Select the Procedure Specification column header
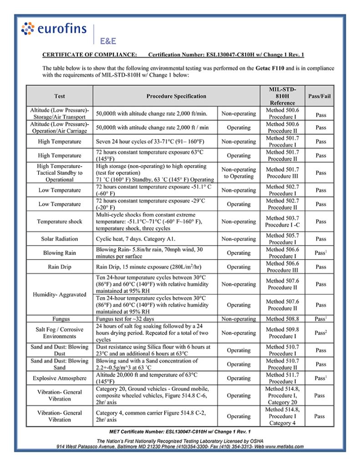pyautogui.click(x=176, y=96)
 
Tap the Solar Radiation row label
pyautogui.click(x=59, y=239)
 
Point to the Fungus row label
pyautogui.click(x=59, y=319)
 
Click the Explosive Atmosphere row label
pyautogui.click(x=59, y=378)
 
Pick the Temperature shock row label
pyautogui.click(x=59, y=222)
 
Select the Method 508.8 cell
pyautogui.click(x=282, y=319)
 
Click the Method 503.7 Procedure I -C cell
pyautogui.click(x=282, y=222)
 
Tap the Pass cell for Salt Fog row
pyautogui.click(x=320, y=333)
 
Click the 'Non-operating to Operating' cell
pyautogui.click(x=238, y=173)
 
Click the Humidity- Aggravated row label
pyautogui.click(x=59, y=294)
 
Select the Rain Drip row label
pyautogui.click(x=59, y=267)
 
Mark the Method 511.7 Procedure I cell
pyautogui.click(x=282, y=378)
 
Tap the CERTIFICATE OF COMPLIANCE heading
pyautogui.click(x=90, y=55)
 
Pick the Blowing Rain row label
pyautogui.click(x=59, y=253)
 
